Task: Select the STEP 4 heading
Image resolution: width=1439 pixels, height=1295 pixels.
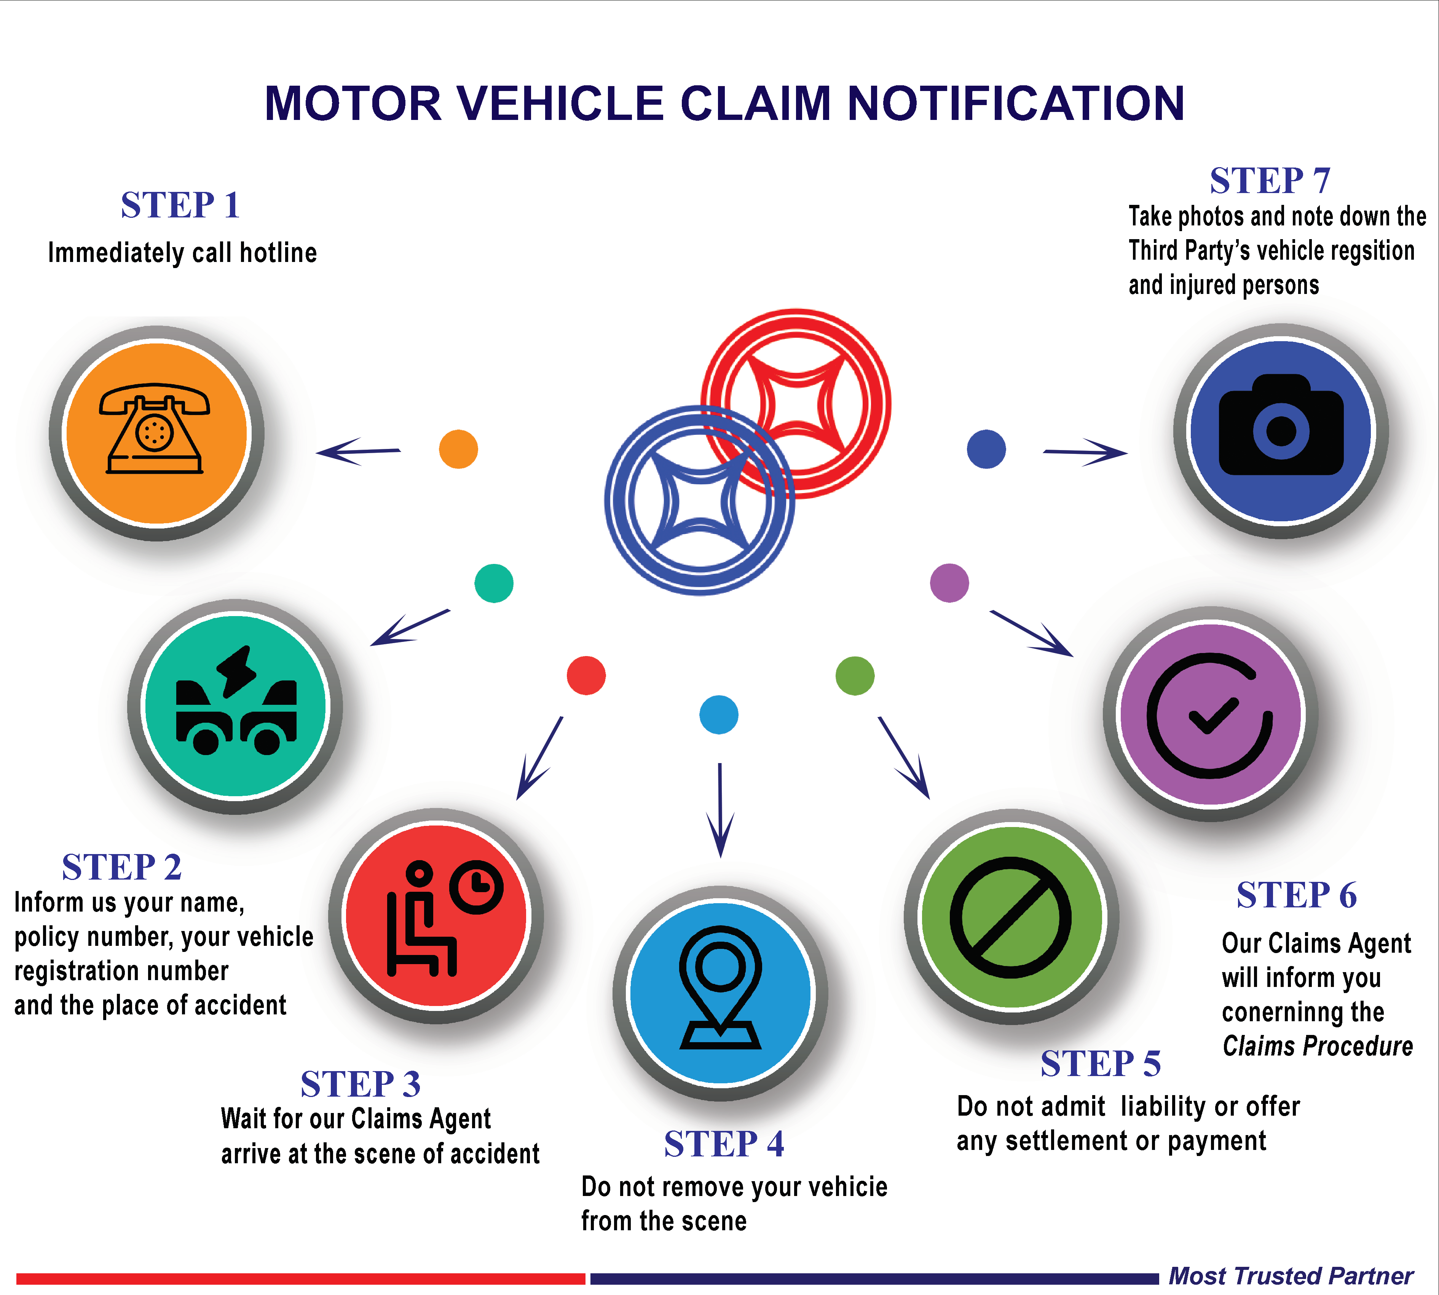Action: (x=723, y=1144)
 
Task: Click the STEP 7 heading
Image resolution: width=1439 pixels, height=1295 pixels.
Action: (x=1270, y=181)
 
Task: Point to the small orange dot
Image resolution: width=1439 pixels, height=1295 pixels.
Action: (x=458, y=449)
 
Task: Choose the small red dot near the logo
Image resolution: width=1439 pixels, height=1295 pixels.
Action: (x=586, y=675)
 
